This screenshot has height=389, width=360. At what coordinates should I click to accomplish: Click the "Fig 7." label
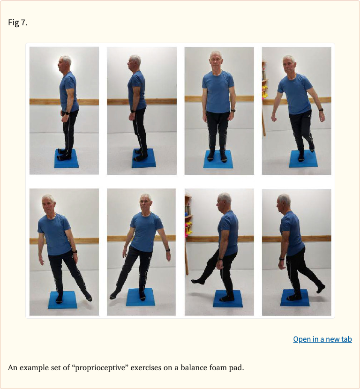click(x=18, y=22)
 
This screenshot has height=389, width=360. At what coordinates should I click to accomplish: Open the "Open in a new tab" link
click(x=322, y=339)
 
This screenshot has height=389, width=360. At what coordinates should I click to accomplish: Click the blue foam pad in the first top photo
click(x=67, y=159)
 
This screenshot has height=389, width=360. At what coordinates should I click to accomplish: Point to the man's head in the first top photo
click(x=65, y=62)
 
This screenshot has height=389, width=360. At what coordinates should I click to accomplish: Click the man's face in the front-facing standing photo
click(x=216, y=61)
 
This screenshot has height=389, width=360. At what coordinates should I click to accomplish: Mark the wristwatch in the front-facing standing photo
click(x=233, y=111)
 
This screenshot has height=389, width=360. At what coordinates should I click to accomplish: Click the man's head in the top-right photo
click(x=289, y=63)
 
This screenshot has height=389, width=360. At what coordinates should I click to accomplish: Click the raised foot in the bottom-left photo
click(x=88, y=297)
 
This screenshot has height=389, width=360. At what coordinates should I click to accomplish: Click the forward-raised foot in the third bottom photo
click(x=198, y=281)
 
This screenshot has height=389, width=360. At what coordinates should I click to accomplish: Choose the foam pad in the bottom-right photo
click(x=295, y=299)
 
